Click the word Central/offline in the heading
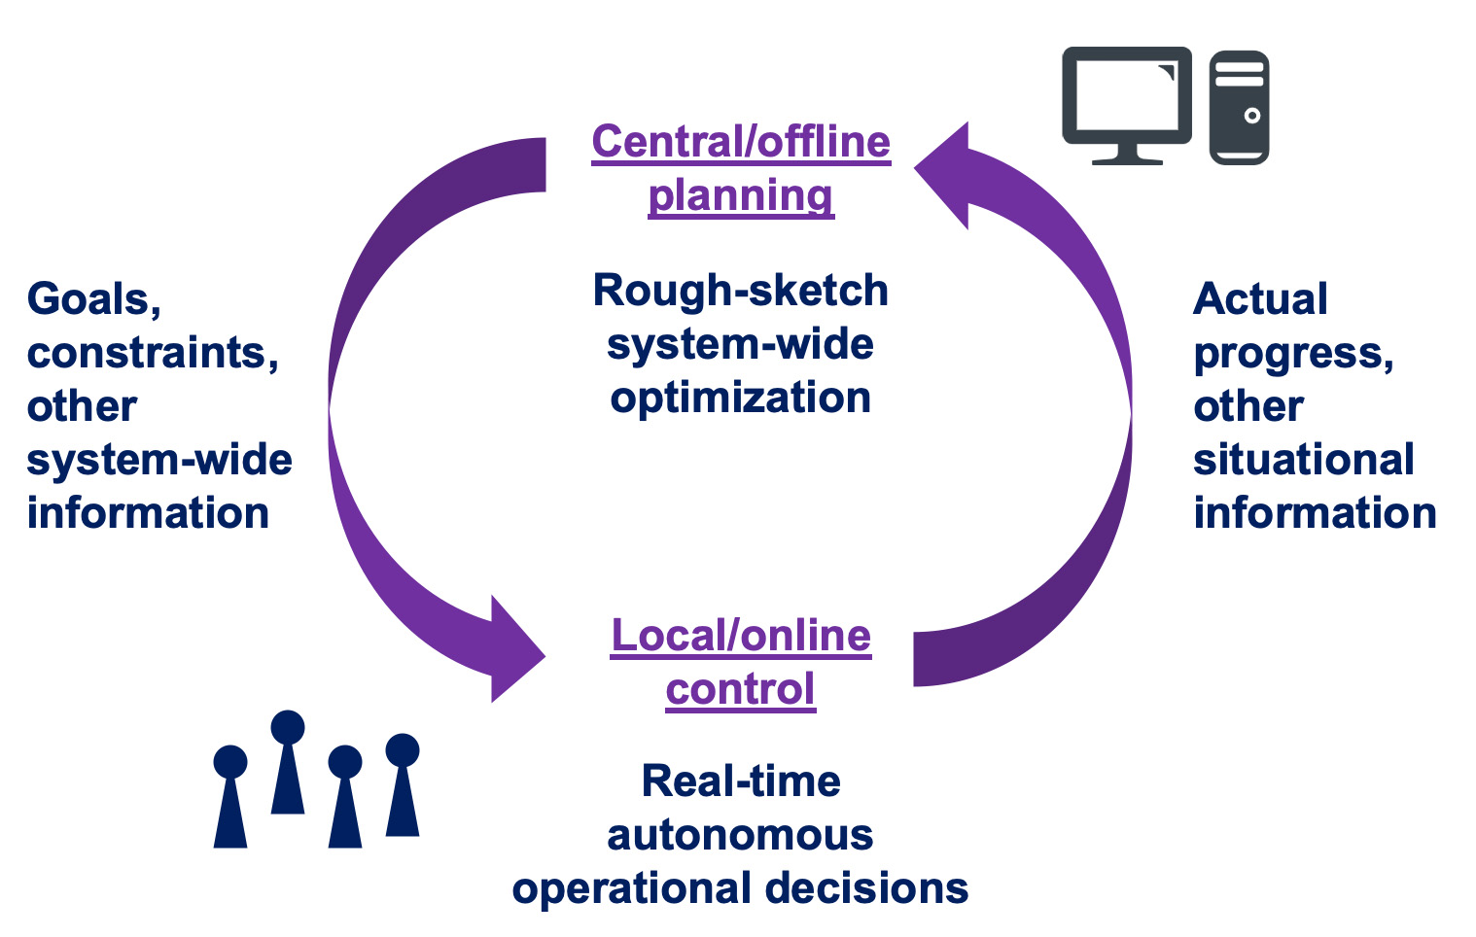(x=741, y=142)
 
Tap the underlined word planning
(x=741, y=196)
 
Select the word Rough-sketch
(x=741, y=291)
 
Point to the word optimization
(x=741, y=398)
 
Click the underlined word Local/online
(x=741, y=636)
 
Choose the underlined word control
(x=741, y=689)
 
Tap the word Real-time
(x=741, y=781)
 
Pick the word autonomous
(x=741, y=836)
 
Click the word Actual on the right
(x=1260, y=299)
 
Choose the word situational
(x=1304, y=459)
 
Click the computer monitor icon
(x=1127, y=105)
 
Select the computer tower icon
(x=1240, y=107)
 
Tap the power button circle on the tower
(x=1252, y=116)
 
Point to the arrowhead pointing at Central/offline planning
(x=942, y=175)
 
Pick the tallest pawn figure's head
(x=288, y=727)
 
